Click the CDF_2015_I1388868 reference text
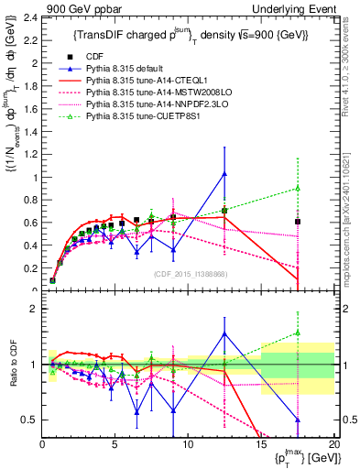[187, 275]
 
